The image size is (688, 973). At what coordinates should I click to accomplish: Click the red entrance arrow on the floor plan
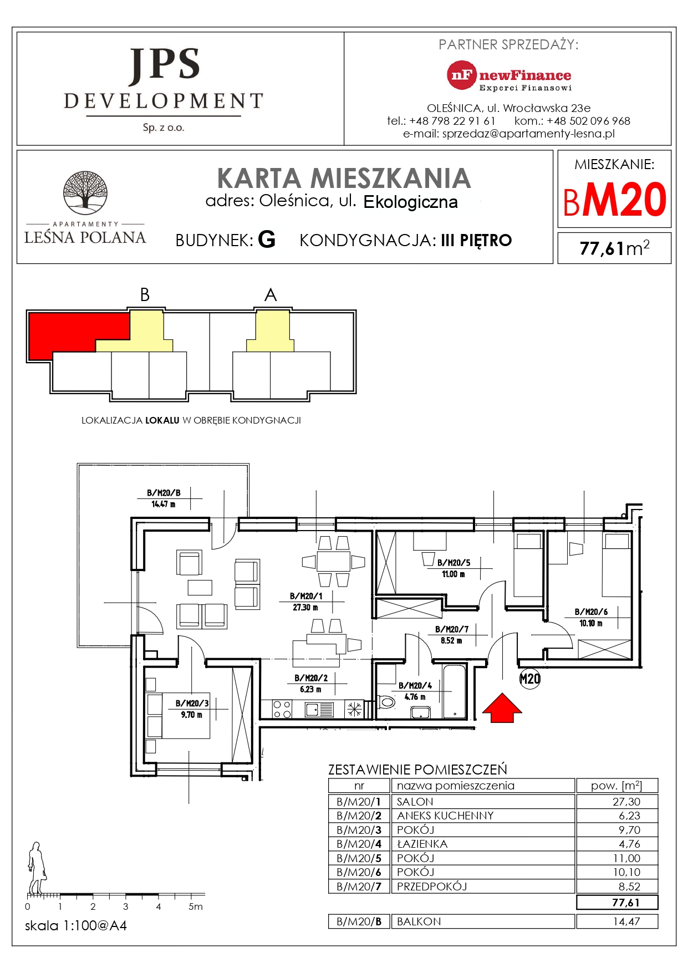tap(502, 708)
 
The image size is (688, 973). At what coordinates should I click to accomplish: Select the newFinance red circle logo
tap(461, 75)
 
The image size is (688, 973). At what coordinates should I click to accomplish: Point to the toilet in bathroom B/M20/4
tap(386, 702)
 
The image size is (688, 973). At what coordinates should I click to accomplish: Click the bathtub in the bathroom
tap(455, 691)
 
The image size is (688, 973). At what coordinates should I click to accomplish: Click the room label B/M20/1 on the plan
tap(306, 596)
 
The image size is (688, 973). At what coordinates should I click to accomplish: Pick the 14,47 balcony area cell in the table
tap(626, 921)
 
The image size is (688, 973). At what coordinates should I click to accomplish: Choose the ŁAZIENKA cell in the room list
tap(422, 844)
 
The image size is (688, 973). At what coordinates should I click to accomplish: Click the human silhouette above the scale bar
tap(37, 867)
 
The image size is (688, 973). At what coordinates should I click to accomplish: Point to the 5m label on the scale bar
tap(195, 907)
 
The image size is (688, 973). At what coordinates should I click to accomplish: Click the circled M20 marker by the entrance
tap(529, 679)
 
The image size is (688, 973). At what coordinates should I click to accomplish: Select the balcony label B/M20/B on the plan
tap(164, 493)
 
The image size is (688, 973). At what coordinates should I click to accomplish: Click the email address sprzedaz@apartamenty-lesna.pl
tap(528, 134)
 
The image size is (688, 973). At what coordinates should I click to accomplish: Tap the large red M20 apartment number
tap(624, 200)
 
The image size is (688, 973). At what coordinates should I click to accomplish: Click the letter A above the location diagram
tap(271, 295)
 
